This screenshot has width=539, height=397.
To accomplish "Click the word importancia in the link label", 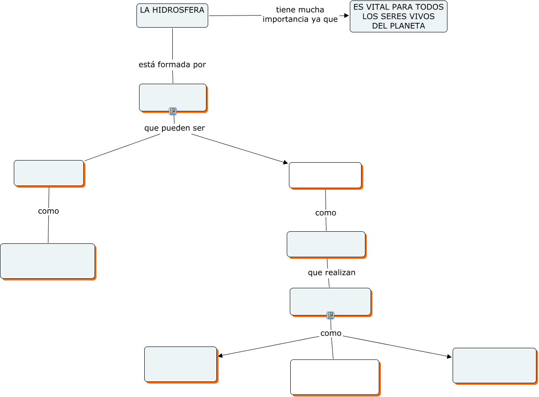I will tap(283, 19).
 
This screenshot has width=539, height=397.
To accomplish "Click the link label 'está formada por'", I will tap(172, 65).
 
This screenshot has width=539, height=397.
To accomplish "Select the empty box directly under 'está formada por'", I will tap(173, 98).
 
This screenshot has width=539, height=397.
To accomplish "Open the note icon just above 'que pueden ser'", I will tap(173, 111).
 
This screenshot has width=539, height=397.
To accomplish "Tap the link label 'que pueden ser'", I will tap(174, 128).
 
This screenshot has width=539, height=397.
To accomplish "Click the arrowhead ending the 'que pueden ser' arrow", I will tap(285, 163).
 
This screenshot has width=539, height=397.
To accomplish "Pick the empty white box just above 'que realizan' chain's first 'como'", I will tap(325, 175).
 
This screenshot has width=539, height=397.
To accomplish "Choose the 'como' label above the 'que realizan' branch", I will tap(326, 213).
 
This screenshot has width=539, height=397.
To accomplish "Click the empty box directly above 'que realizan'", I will tap(326, 244).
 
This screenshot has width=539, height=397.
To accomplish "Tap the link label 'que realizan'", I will tap(332, 273).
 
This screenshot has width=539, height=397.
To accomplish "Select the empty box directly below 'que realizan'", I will tap(330, 301).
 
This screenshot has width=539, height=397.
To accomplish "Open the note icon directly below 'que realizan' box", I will tap(330, 315).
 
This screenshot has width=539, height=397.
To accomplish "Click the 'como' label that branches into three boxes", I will tap(331, 333).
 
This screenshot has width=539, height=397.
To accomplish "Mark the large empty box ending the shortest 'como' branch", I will tap(48, 261).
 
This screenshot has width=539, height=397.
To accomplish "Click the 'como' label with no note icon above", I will tap(48, 211).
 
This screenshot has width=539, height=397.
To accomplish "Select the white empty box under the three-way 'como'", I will tap(335, 377).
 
